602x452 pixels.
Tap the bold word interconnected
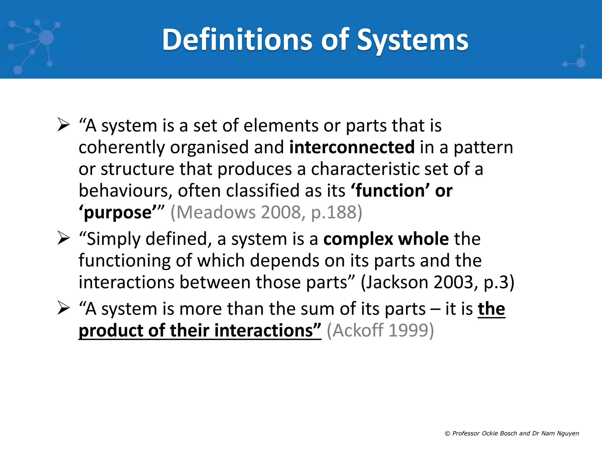[352, 147]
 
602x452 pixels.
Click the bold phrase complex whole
[386, 239]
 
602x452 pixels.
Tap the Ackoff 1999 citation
[380, 330]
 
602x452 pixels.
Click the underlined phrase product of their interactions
[200, 330]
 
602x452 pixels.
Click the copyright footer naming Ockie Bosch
[512, 433]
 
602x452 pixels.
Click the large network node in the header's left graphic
[46, 37]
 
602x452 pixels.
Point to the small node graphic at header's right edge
[581, 62]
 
